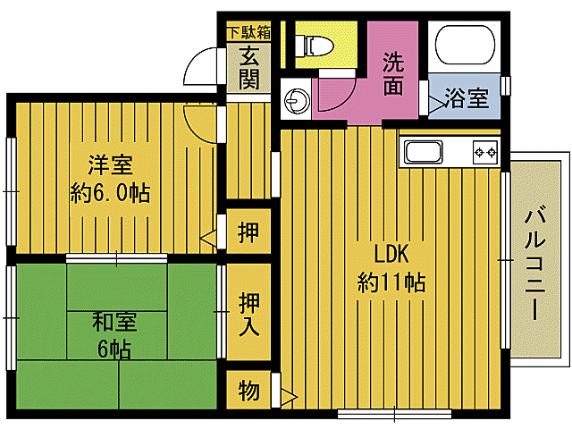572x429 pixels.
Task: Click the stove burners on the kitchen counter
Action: (x=484, y=153)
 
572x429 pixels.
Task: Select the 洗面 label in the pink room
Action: (x=393, y=74)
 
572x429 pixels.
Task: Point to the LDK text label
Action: (x=391, y=253)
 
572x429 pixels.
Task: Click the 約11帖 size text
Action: (x=391, y=283)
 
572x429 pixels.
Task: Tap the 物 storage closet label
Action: (x=249, y=391)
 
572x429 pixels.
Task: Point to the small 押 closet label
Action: (x=249, y=234)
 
